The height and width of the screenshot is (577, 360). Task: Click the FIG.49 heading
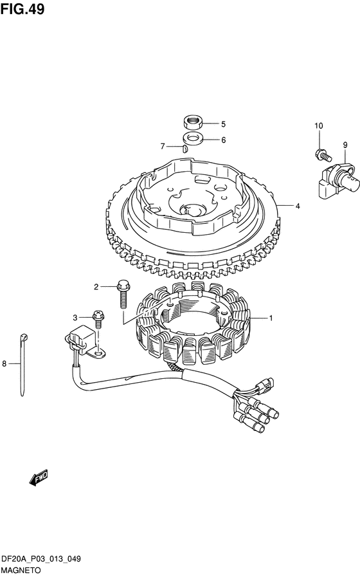tap(22, 8)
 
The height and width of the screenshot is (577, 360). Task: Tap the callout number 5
tap(223, 124)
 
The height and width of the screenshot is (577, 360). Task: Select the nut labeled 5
tap(192, 122)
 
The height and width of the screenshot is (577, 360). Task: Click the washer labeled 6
tap(192, 140)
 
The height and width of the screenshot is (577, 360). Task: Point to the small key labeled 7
tap(185, 149)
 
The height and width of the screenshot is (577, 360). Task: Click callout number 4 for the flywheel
tap(298, 206)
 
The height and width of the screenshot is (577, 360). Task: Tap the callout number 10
tap(318, 126)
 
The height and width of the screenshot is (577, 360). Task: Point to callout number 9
tap(345, 145)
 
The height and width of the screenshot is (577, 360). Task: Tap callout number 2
tap(96, 287)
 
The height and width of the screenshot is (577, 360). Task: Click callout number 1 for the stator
tap(271, 318)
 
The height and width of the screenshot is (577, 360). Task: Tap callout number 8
tap(4, 364)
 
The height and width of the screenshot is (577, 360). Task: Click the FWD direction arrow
tap(39, 478)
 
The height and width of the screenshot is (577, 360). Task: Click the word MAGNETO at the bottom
tap(21, 571)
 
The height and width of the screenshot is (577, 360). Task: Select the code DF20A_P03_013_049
tap(41, 560)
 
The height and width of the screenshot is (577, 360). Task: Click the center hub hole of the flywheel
tap(194, 210)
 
